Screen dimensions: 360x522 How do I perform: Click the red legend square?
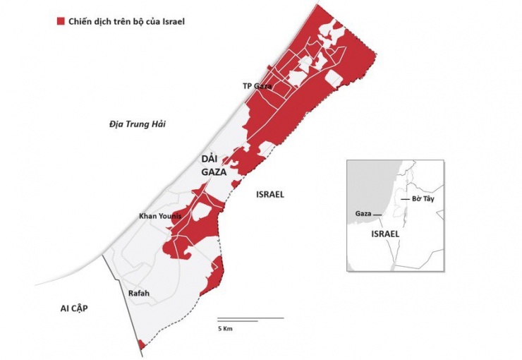tap(61, 21)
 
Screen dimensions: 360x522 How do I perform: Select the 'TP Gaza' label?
tap(257, 85)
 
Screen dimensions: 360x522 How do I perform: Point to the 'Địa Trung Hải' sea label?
tap(137, 124)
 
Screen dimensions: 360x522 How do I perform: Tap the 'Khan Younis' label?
tap(161, 216)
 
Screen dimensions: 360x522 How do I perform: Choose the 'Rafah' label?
tap(139, 294)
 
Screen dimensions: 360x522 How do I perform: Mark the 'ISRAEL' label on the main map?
tap(269, 194)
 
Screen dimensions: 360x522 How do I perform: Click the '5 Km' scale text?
tap(226, 329)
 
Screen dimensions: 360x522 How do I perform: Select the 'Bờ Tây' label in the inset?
tap(423, 200)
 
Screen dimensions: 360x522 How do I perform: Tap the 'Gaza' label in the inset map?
tap(363, 213)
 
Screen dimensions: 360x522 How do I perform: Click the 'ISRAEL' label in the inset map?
tap(384, 233)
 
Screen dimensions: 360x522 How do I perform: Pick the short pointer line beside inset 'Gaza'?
tap(378, 214)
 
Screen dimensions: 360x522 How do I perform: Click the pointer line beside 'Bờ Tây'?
tap(405, 200)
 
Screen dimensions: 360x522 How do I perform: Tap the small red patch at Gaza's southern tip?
tap(142, 344)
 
